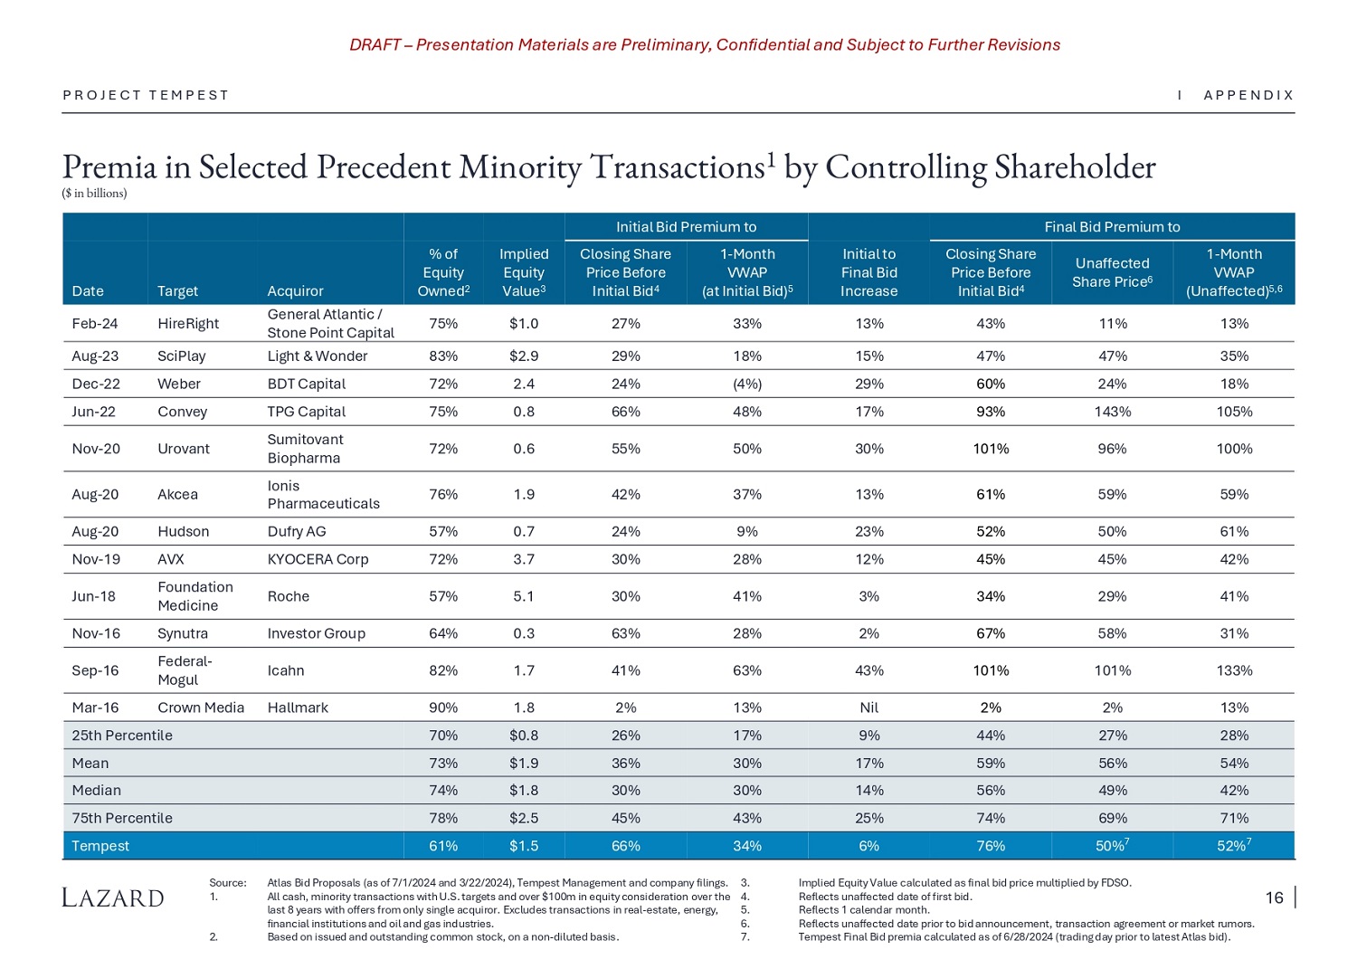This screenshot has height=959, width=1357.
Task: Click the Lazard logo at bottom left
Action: point(113,897)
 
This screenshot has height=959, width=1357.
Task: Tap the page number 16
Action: point(1274,897)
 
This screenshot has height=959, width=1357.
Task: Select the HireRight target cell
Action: point(188,323)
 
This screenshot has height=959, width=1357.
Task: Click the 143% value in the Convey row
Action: point(1112,412)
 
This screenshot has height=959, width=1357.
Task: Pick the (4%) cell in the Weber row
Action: point(746,384)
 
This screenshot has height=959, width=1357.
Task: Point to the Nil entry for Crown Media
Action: point(868,707)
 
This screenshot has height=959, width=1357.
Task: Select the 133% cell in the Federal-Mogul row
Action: point(1234,670)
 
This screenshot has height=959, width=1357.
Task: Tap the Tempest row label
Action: point(100,846)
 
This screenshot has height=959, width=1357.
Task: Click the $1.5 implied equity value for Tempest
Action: point(523,846)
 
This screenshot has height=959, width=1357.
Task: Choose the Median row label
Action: point(96,790)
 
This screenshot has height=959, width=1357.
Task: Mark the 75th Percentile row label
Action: point(121,818)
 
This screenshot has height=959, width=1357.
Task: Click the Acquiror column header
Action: point(295,291)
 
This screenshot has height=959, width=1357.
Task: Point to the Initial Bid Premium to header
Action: point(686,227)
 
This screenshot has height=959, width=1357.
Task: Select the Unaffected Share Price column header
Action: point(1112,272)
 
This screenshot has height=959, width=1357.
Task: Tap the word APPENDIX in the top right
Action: point(1248,95)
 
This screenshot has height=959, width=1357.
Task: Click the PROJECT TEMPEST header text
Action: point(146,95)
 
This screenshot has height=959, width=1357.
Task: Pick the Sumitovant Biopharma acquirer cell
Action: point(305,449)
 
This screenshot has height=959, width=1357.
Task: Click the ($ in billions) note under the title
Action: point(94,193)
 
